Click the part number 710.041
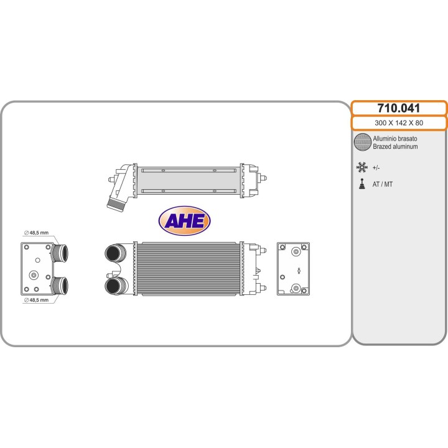tap(399, 108)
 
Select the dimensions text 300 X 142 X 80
tap(399, 123)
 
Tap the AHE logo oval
tap(184, 220)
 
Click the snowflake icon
tap(362, 167)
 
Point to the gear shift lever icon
tap(362, 184)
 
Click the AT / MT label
tap(382, 184)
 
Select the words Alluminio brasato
tap(395, 139)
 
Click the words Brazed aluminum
tap(395, 147)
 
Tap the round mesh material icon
tap(362, 142)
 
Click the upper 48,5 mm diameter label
tap(36, 233)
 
